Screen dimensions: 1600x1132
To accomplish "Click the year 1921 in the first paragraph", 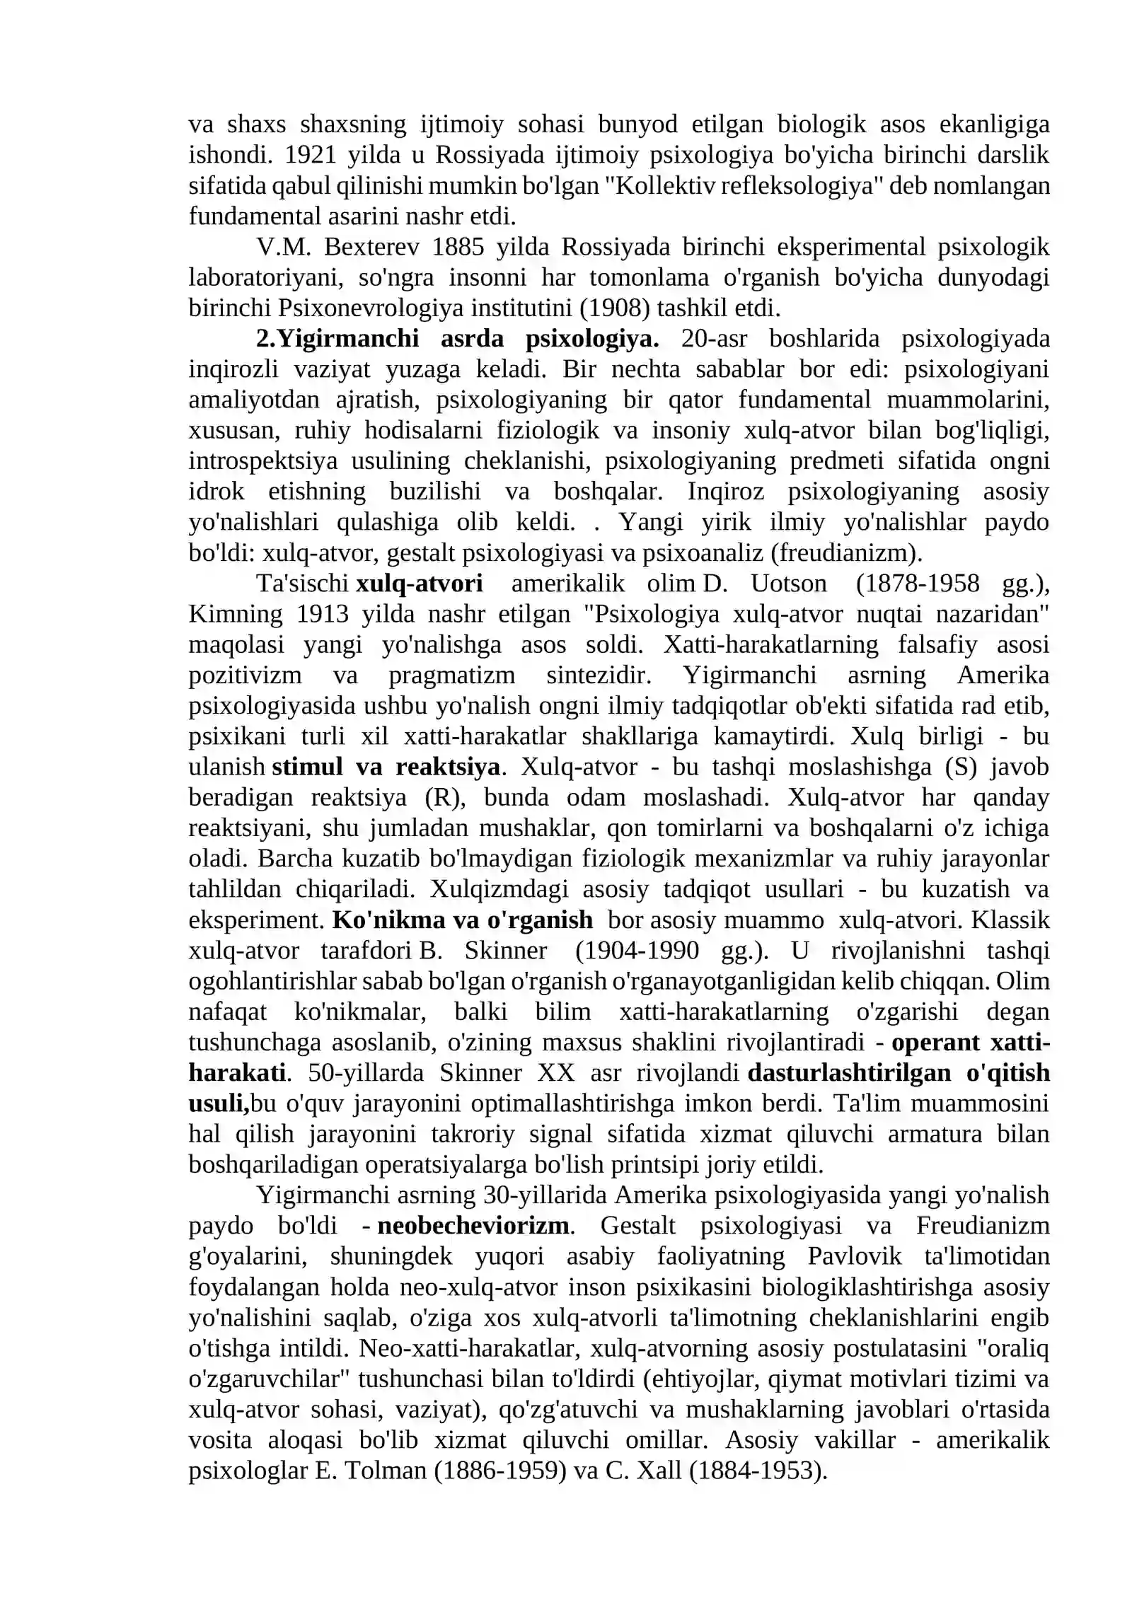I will tap(307, 155).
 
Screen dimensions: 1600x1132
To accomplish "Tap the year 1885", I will tap(458, 247).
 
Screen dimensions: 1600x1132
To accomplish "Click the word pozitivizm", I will tap(245, 675).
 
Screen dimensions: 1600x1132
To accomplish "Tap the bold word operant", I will tap(935, 1042).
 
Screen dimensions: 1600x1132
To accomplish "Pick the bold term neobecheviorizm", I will tap(473, 1225).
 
